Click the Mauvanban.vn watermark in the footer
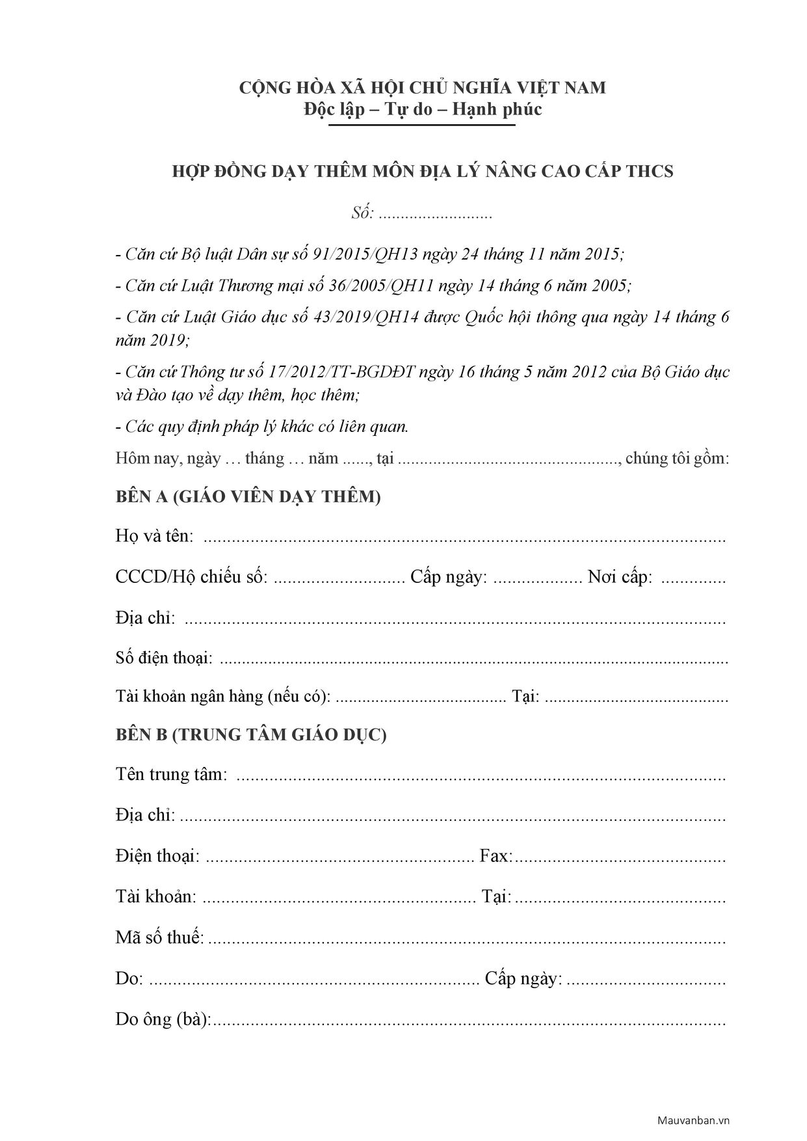coord(694,1120)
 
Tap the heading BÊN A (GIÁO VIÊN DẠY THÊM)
coord(248,497)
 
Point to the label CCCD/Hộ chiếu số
coord(192,577)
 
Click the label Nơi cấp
coord(620,577)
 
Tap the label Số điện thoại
coord(164,658)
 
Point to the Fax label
coord(496,855)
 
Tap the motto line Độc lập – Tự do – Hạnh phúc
coord(423,109)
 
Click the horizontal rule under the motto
coord(422,125)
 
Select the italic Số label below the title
coord(362,213)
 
